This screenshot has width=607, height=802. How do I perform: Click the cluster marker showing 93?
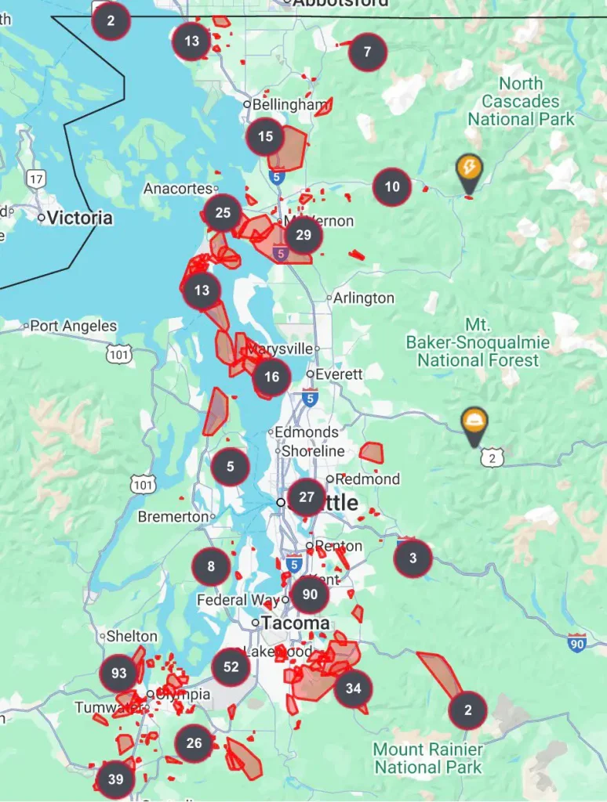click(x=119, y=673)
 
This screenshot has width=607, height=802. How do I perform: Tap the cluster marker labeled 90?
click(x=310, y=594)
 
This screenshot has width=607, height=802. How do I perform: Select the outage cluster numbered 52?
click(x=231, y=667)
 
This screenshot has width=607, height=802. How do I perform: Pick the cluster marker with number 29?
click(x=303, y=235)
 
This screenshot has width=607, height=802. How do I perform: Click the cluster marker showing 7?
click(x=368, y=52)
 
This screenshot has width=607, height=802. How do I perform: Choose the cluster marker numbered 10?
click(x=392, y=186)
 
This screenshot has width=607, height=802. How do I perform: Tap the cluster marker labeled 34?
click(x=353, y=688)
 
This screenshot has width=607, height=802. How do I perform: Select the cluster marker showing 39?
click(x=115, y=779)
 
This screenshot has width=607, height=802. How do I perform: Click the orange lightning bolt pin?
click(x=469, y=169)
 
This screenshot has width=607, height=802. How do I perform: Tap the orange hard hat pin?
click(x=474, y=423)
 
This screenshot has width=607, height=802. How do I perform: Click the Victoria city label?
click(x=79, y=218)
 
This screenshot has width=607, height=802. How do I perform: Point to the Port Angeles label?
click(x=73, y=326)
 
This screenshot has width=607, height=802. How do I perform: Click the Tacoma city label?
click(x=295, y=623)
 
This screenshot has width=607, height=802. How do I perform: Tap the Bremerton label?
click(x=173, y=517)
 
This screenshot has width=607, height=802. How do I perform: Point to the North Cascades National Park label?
click(x=521, y=102)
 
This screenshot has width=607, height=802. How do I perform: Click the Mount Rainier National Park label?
click(x=428, y=758)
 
